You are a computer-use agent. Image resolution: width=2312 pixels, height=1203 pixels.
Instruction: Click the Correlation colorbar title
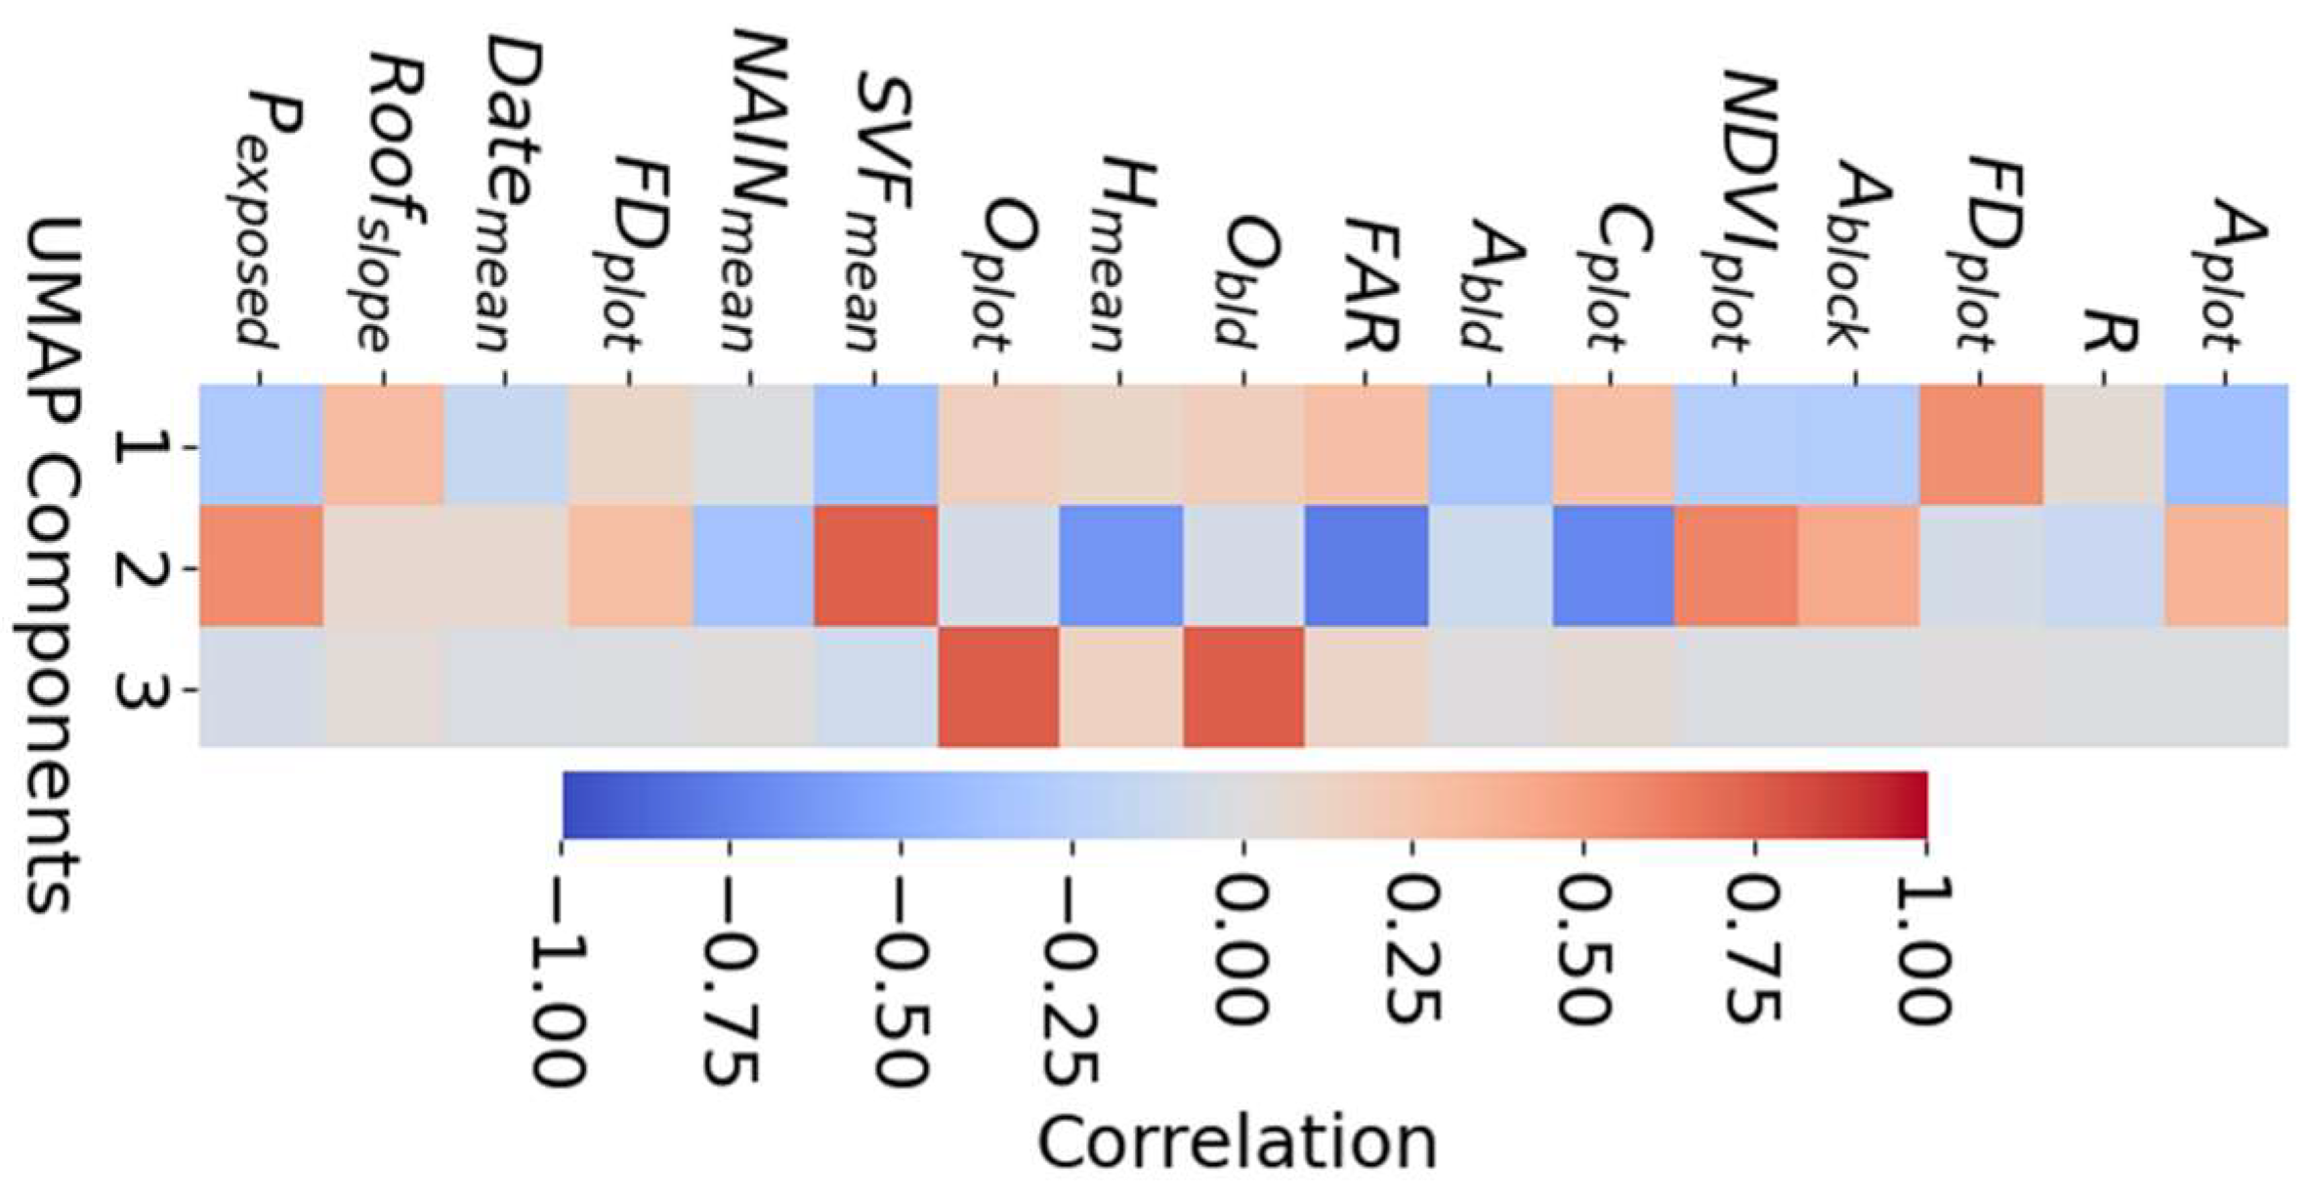(x=1237, y=1143)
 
